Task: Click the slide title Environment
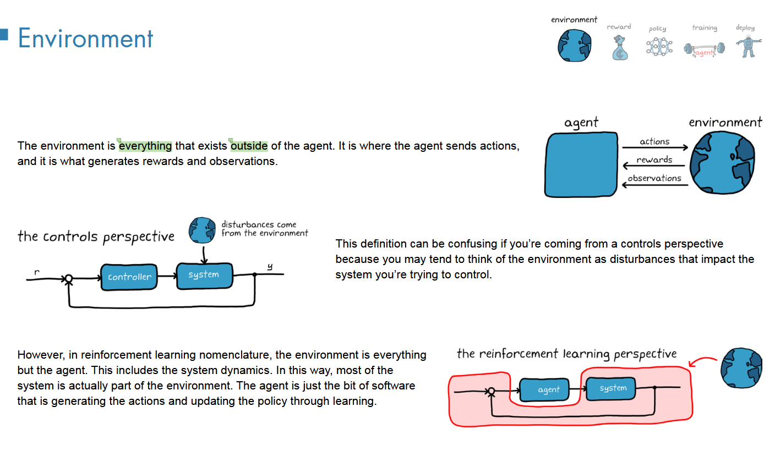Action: (85, 39)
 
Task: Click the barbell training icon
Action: (704, 49)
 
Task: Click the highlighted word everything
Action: (145, 146)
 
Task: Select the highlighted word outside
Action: (249, 146)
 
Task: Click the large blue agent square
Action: (581, 164)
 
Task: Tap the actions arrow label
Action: (654, 141)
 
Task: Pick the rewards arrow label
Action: (654, 160)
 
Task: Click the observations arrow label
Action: (654, 178)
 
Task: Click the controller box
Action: (129, 277)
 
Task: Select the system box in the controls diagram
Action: (204, 274)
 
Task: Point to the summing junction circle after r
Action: (69, 279)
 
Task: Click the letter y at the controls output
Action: (270, 267)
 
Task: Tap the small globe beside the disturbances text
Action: (203, 230)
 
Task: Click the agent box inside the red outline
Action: (548, 390)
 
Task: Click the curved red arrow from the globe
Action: (703, 361)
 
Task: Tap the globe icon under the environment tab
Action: (574, 45)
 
